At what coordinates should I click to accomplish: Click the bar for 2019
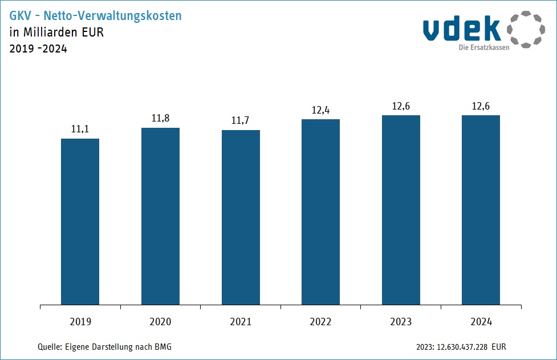coord(80,221)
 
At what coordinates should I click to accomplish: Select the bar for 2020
coord(160,216)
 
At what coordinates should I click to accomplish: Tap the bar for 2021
coord(241,217)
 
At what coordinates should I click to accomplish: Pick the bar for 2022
coord(320,212)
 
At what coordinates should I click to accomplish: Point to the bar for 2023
coord(401,210)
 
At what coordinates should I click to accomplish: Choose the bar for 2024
coord(481,210)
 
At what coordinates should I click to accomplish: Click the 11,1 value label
coord(80,130)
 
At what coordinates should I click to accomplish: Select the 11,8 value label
coord(160,119)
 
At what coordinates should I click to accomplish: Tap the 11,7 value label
coord(241,121)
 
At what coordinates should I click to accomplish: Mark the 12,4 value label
coord(320,110)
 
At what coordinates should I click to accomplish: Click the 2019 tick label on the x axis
coord(80,322)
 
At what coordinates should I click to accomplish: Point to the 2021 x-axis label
coord(241,322)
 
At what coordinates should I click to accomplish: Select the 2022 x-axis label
coord(320,322)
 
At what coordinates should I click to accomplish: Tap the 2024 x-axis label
coord(481,322)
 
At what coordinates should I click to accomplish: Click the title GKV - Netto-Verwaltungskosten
coord(96,16)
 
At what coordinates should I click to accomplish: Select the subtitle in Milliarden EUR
coord(56,32)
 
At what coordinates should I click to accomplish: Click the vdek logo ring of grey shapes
coord(526,29)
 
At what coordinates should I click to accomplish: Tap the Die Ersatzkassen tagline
coord(484,47)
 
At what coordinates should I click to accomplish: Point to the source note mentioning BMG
coord(104,347)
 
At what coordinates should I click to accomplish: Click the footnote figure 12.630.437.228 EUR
coord(461,347)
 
